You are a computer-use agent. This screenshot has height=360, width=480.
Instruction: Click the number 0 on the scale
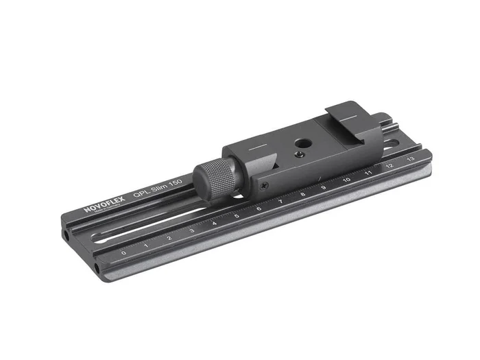click(123, 252)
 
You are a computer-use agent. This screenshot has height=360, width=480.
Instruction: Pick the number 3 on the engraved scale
click(191, 230)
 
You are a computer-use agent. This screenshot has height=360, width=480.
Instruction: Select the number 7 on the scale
click(280, 202)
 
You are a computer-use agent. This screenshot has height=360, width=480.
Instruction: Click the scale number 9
click(323, 187)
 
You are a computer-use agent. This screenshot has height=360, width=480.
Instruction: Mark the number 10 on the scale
click(346, 180)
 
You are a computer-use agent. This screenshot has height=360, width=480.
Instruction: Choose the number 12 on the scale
click(389, 165)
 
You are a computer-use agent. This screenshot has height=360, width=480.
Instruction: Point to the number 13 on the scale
click(410, 158)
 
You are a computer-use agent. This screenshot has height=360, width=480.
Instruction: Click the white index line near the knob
click(254, 147)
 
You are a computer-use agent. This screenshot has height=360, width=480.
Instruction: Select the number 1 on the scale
click(146, 244)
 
